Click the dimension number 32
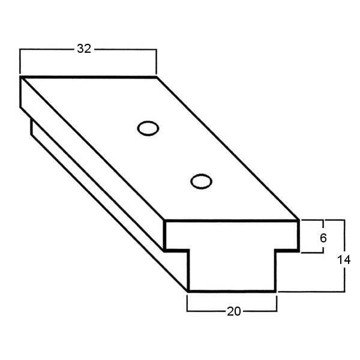click(x=84, y=49)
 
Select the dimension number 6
click(x=323, y=238)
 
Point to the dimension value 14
click(x=344, y=260)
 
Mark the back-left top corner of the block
click(x=21, y=77)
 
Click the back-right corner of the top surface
click(x=156, y=77)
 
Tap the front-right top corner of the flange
click(x=298, y=221)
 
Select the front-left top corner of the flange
click(x=165, y=221)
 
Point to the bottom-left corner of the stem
click(x=188, y=292)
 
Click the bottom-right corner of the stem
click(x=276, y=292)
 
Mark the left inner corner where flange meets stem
click(x=188, y=250)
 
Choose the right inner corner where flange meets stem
click(x=276, y=250)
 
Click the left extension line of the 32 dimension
click(x=20, y=60)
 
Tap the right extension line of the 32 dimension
click(x=156, y=60)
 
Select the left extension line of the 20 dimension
click(x=188, y=303)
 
